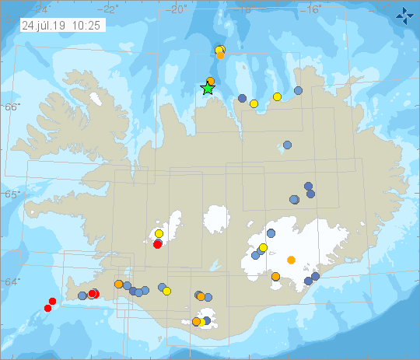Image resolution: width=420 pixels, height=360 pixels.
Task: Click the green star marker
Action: [x=208, y=88]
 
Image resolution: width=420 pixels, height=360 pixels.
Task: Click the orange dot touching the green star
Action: [x=211, y=81]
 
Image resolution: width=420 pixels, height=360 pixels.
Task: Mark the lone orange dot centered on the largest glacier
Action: [x=291, y=260]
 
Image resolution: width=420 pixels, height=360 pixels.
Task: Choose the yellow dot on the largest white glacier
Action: [x=263, y=248]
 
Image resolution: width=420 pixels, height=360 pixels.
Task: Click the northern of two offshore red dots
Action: [x=53, y=301]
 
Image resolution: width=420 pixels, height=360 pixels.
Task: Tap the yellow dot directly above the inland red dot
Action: [x=159, y=233]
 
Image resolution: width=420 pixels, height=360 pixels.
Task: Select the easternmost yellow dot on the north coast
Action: [x=277, y=96]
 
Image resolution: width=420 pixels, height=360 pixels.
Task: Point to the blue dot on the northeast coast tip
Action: [x=299, y=91]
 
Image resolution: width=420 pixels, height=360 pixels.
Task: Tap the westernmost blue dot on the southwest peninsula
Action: [x=82, y=295]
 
